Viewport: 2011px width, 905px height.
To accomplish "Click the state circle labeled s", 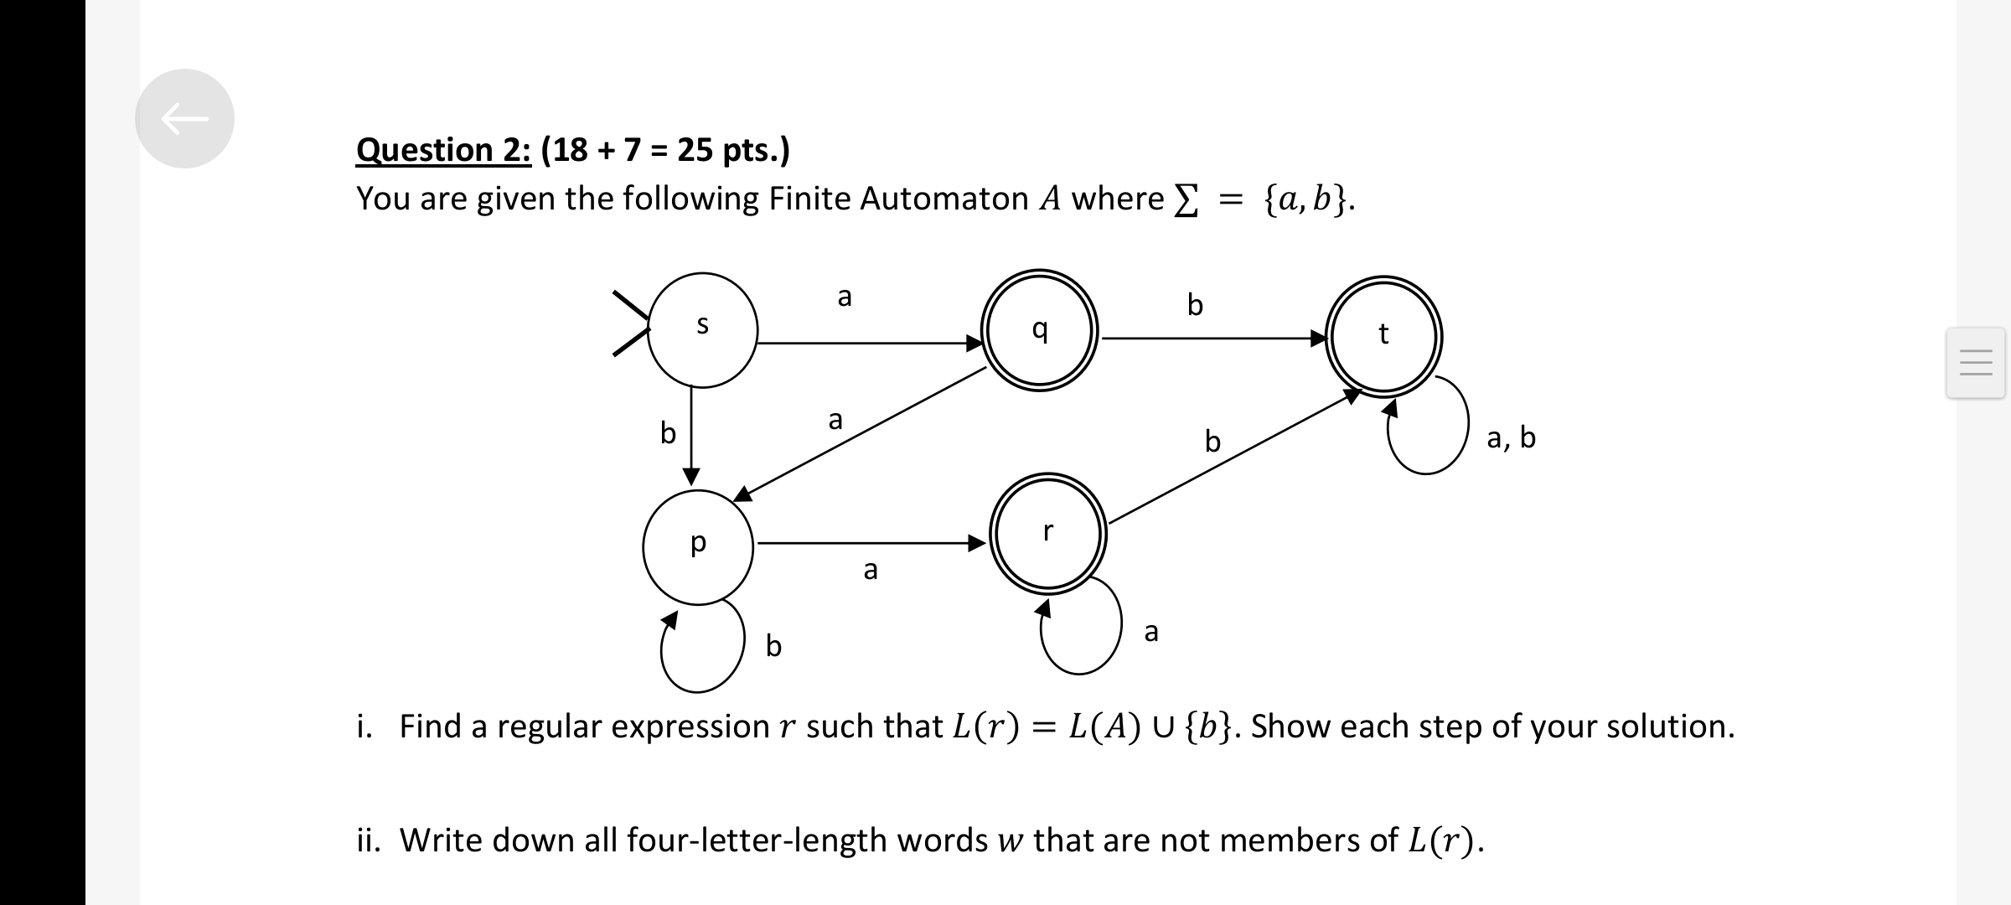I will [702, 330].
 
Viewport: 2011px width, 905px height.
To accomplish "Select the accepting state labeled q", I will [1039, 329].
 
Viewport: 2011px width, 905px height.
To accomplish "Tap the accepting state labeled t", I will [1383, 335].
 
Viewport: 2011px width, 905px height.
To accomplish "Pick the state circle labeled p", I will [698, 547].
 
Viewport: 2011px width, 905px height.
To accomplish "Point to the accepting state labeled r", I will [1047, 533].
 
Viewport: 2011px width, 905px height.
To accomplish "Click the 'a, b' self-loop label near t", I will [1511, 437].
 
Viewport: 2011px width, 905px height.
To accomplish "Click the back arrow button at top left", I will [184, 118].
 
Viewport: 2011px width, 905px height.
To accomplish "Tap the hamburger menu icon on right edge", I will [1975, 362].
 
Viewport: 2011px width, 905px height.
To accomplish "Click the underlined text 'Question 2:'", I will [443, 150].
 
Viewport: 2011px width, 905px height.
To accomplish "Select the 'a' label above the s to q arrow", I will [845, 296].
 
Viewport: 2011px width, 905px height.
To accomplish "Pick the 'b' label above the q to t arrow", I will [1195, 304].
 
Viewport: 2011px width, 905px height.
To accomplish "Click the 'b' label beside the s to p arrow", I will [668, 433].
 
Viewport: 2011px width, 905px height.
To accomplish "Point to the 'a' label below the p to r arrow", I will [871, 570].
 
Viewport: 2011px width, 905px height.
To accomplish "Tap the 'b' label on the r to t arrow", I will [1212, 441].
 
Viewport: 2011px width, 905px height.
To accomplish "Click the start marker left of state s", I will [630, 324].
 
